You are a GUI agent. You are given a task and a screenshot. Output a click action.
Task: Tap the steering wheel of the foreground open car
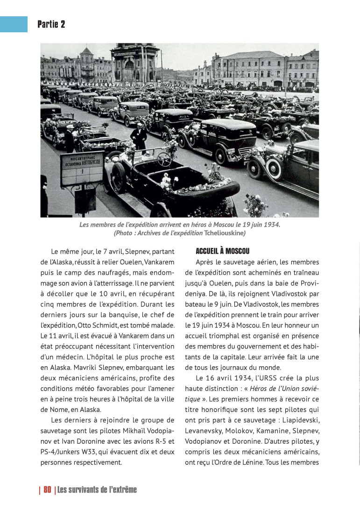[x=164, y=159]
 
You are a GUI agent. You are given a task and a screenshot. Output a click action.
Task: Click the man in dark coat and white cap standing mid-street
[x=139, y=135]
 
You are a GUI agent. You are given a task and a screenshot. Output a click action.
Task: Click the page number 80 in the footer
[x=47, y=489]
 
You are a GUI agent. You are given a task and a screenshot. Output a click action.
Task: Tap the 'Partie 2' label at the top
[x=51, y=24]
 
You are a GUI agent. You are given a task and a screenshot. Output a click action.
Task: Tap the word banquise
[x=131, y=314]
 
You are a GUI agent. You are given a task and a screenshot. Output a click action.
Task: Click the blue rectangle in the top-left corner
[x=14, y=24]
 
